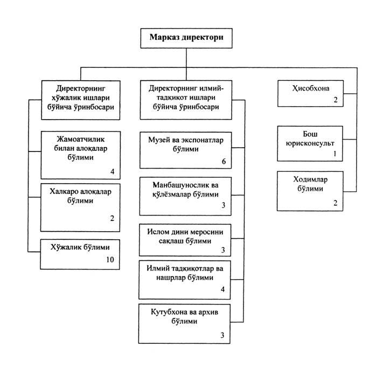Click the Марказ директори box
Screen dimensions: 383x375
point(186,38)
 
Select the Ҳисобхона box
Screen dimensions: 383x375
point(310,94)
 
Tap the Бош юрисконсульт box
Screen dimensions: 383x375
point(310,144)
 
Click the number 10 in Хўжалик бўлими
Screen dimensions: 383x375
point(110,260)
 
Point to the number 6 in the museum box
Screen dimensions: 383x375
point(224,161)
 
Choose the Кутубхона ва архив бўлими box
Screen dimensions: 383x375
point(184,324)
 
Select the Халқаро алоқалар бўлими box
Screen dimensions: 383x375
point(80,207)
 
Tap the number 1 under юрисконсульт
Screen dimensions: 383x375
point(335,154)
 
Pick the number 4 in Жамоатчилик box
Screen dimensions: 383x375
point(113,171)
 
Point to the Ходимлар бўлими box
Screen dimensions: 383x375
point(310,191)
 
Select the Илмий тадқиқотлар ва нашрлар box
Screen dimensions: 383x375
point(184,280)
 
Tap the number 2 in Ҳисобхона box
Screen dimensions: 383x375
point(336,100)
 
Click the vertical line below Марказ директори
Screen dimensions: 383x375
point(186,64)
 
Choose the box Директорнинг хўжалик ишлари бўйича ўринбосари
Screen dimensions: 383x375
point(81,100)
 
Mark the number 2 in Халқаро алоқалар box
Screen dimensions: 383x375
point(112,218)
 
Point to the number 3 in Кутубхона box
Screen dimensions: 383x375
point(222,335)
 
